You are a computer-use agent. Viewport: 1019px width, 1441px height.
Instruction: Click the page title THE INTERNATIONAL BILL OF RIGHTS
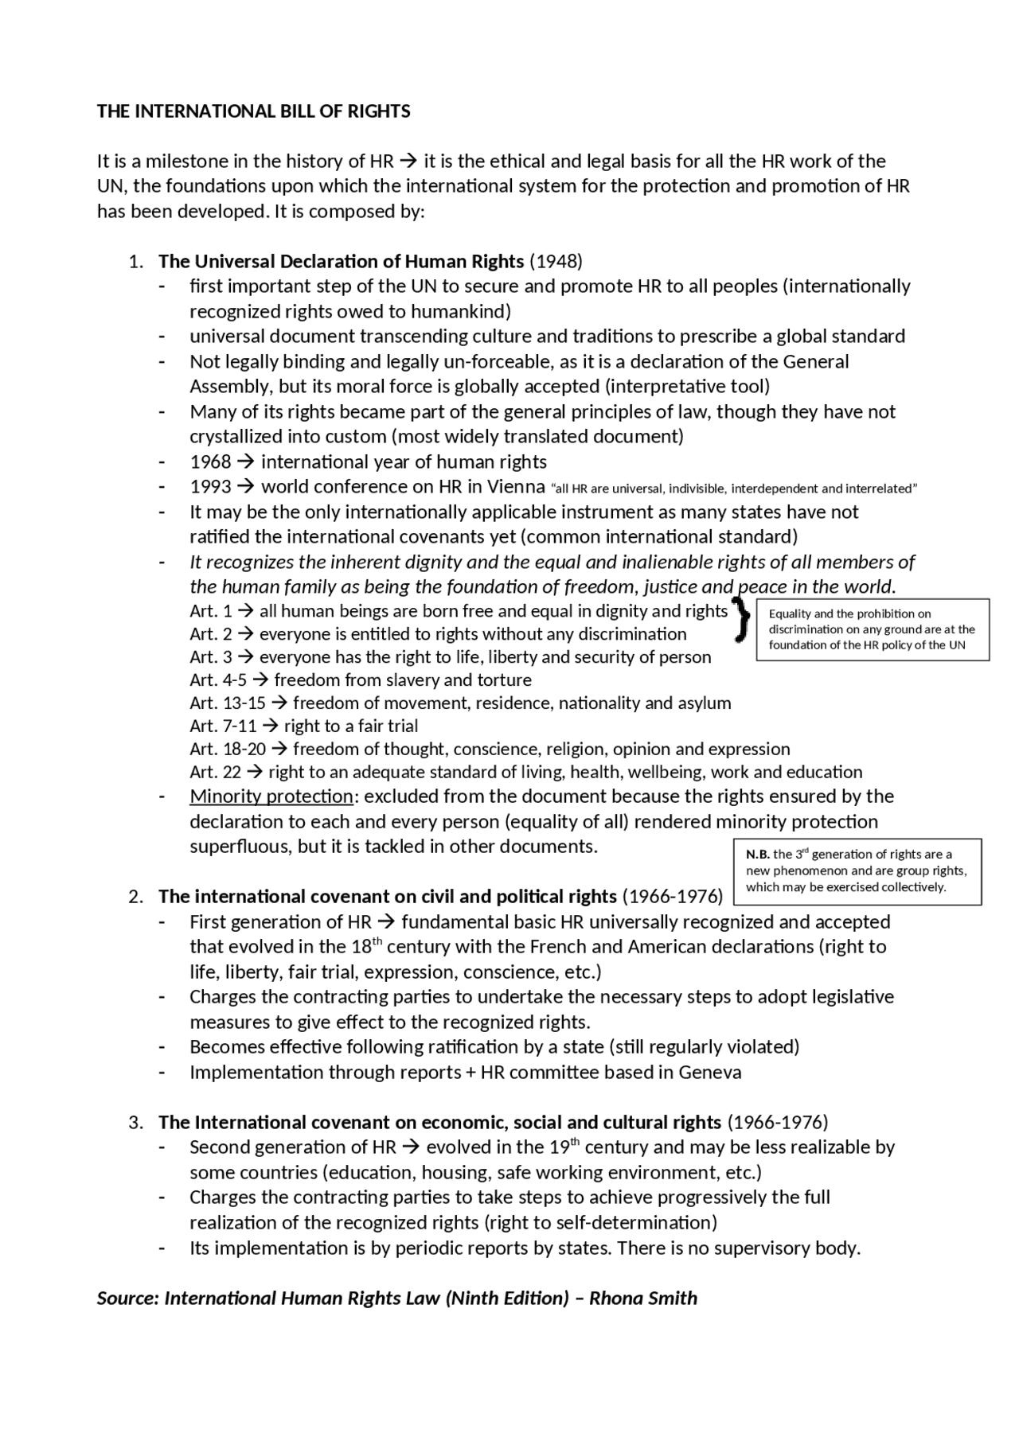(253, 111)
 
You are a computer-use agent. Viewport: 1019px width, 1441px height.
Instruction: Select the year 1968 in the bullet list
(210, 462)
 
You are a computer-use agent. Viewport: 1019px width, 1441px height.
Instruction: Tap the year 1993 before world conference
(210, 487)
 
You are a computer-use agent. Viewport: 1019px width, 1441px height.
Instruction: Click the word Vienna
(517, 487)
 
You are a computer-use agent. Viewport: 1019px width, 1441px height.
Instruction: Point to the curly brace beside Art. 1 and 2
(742, 621)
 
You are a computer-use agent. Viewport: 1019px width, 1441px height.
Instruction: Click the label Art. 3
(210, 657)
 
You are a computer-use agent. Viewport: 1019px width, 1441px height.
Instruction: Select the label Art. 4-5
(218, 680)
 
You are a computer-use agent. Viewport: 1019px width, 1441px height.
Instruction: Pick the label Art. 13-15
(227, 703)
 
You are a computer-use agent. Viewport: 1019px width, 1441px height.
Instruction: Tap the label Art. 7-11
(223, 726)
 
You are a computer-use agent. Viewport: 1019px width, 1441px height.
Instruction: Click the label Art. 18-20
(227, 750)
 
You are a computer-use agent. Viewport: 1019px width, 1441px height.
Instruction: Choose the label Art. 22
(215, 773)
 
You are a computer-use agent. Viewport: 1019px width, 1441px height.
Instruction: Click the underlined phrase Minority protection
(271, 796)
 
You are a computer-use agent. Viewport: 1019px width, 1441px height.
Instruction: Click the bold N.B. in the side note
(757, 855)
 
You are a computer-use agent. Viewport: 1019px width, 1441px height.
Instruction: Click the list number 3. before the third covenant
(136, 1123)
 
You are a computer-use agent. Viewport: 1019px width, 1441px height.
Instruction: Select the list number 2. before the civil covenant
(136, 897)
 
